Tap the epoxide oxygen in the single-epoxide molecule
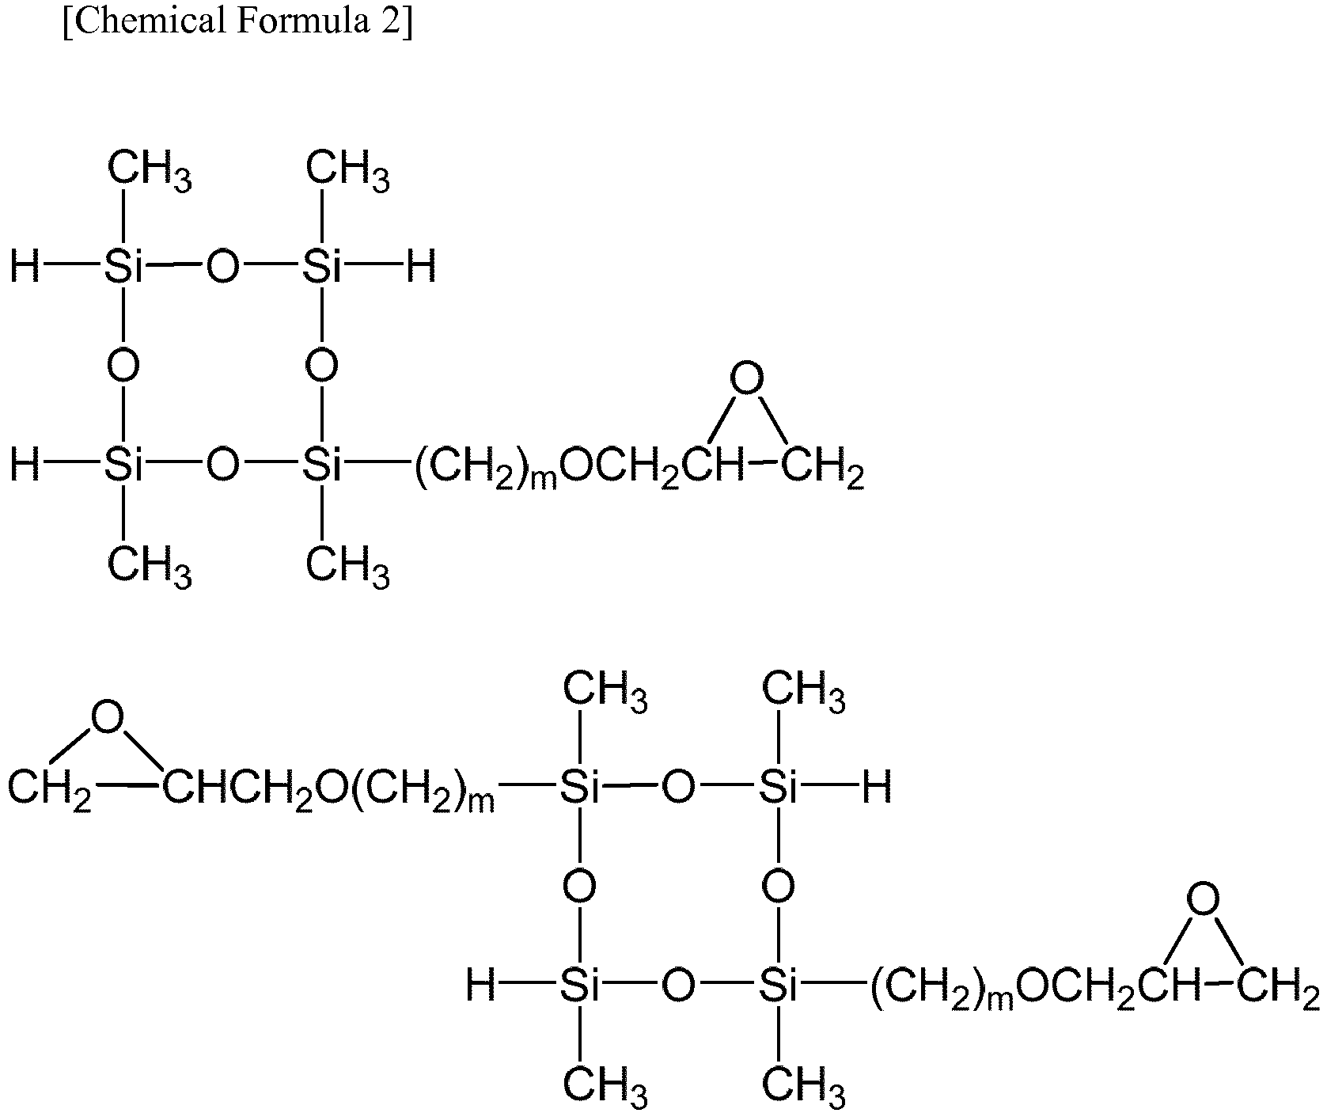[x=746, y=379]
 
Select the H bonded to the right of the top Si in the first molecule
[x=421, y=268]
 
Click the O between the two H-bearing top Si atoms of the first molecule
[x=222, y=268]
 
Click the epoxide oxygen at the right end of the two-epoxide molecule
[x=1203, y=898]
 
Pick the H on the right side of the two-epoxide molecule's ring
[x=877, y=787]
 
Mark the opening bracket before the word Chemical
[x=67, y=22]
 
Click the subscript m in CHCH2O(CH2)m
[x=481, y=804]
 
